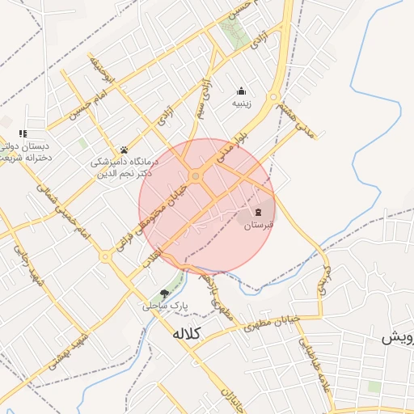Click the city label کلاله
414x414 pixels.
[x=186, y=333]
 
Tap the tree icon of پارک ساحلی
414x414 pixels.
[x=165, y=294]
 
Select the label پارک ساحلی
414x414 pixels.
[x=165, y=307]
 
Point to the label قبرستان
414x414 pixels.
[x=260, y=226]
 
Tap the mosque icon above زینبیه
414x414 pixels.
[x=241, y=91]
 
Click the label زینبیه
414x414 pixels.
[x=243, y=104]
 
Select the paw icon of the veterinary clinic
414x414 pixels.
[x=125, y=150]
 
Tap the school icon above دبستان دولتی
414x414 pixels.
[x=23, y=133]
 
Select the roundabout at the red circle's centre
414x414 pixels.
[x=195, y=176]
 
